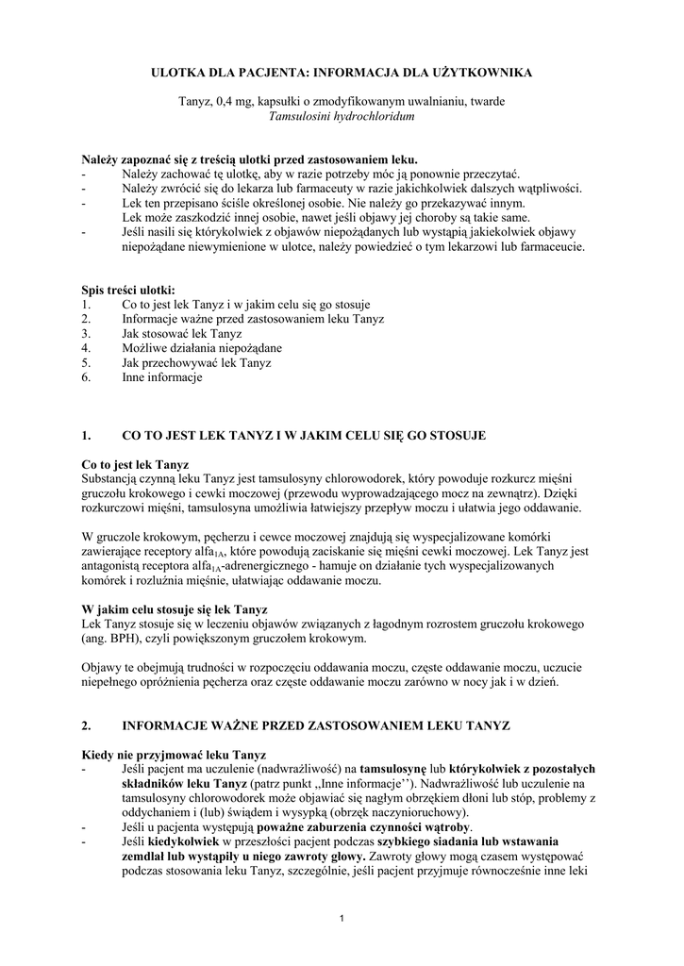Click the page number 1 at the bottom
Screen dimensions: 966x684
click(x=342, y=920)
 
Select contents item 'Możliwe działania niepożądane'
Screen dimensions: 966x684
click(x=201, y=348)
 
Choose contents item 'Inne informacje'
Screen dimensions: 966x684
click(x=161, y=377)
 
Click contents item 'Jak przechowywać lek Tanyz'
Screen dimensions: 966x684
click(x=196, y=363)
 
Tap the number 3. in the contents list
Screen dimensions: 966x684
click(x=86, y=334)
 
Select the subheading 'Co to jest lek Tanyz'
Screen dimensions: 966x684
click(x=135, y=465)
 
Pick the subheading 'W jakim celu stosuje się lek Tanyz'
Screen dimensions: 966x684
click(x=175, y=609)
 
